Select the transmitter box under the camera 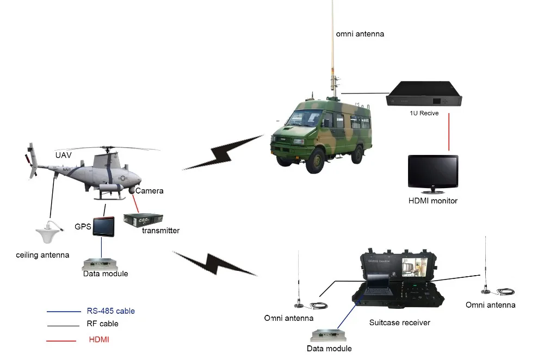(140, 220)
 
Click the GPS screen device (104, 226)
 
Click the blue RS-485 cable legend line (63, 312)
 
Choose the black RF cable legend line (63, 325)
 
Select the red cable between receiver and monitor (449, 133)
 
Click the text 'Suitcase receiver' (399, 323)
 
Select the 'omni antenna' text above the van (360, 34)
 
